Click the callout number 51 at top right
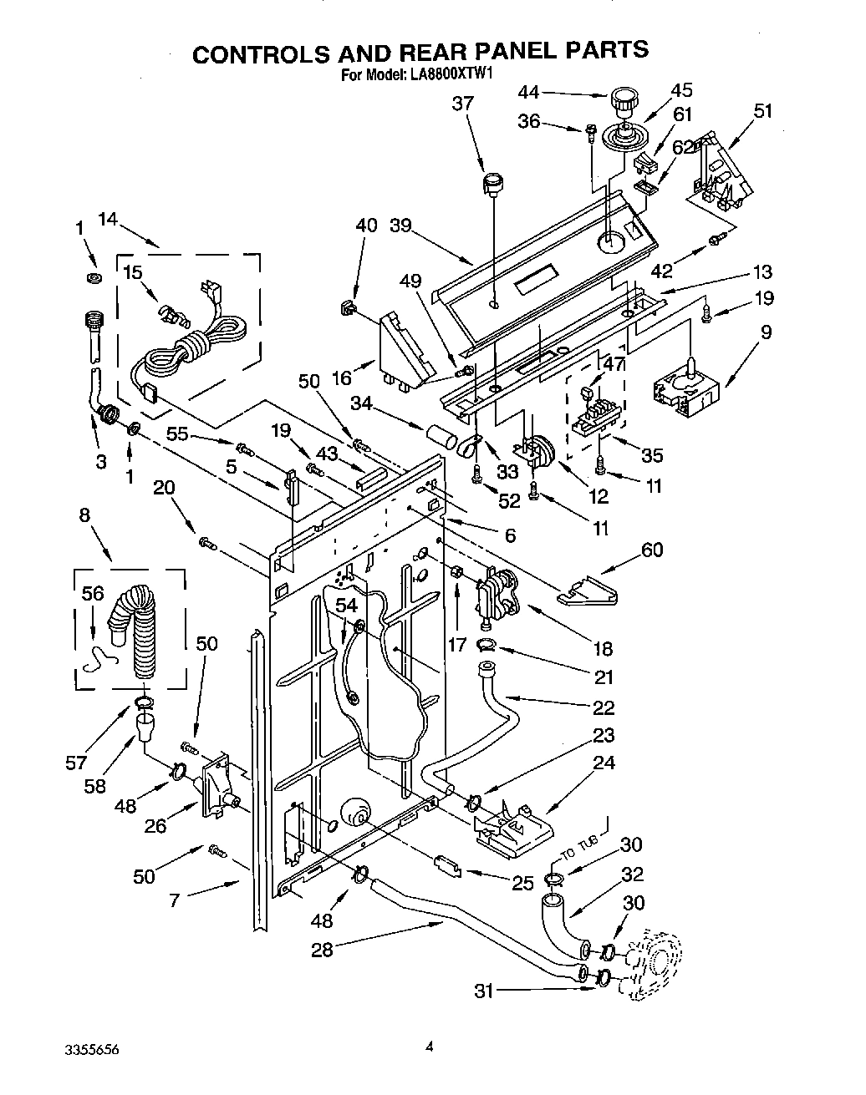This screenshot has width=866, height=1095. click(x=762, y=110)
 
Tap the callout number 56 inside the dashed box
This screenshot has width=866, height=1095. click(x=92, y=592)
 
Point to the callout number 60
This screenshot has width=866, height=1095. click(x=652, y=549)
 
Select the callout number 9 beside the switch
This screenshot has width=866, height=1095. click(x=766, y=332)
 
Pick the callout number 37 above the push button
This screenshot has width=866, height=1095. click(x=462, y=104)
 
